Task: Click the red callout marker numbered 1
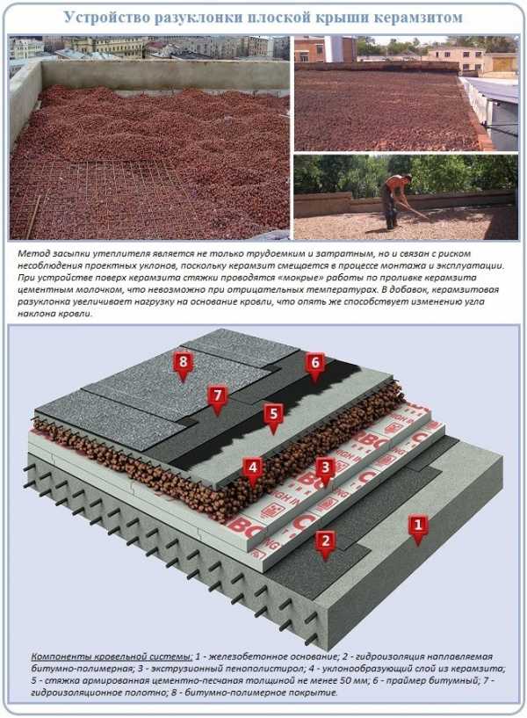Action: coord(417,528)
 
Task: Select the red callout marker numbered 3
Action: coord(325,470)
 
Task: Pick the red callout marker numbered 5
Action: coord(273,417)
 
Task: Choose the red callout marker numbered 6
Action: coord(314,366)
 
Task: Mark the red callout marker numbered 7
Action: coord(217,398)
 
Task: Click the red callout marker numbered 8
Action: coord(183,365)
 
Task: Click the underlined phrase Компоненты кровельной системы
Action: coord(112,656)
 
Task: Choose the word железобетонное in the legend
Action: coord(245,656)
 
